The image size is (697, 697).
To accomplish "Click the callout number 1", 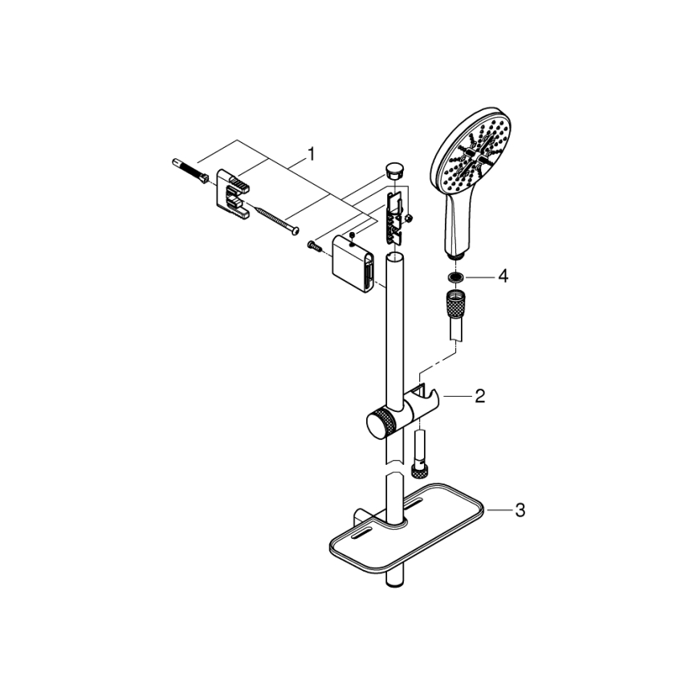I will pos(311,152).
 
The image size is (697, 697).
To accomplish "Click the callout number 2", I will pos(479,396).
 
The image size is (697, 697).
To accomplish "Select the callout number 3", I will pos(520,510).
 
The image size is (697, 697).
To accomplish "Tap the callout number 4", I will pos(503,276).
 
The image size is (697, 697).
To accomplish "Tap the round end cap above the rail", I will pos(392,169).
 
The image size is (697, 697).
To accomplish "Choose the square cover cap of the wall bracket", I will pos(353,262).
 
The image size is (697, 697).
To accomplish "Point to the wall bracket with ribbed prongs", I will pos(233,194).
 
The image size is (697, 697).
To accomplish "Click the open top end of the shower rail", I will pos(393,257).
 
